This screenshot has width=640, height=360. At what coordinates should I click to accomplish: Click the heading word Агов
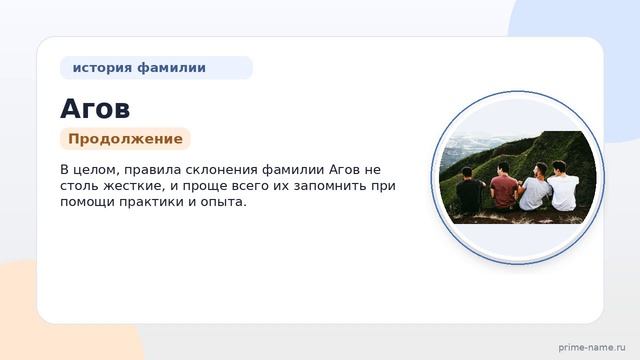(95, 109)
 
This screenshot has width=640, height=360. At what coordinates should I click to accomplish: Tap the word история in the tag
(102, 68)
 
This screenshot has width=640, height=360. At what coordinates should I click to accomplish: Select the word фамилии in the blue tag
(171, 67)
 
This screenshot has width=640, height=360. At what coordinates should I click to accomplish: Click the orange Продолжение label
(125, 139)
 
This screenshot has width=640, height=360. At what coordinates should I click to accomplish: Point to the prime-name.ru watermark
(592, 347)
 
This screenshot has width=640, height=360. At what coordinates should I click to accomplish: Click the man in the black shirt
(470, 191)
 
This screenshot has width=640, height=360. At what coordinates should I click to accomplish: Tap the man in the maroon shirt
(503, 187)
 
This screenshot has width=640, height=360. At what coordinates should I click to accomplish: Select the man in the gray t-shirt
(536, 187)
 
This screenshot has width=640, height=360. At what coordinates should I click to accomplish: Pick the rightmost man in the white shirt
(563, 186)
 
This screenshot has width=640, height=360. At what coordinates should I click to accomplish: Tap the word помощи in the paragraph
(87, 202)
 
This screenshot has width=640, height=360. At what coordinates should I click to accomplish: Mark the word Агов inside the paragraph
(344, 170)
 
